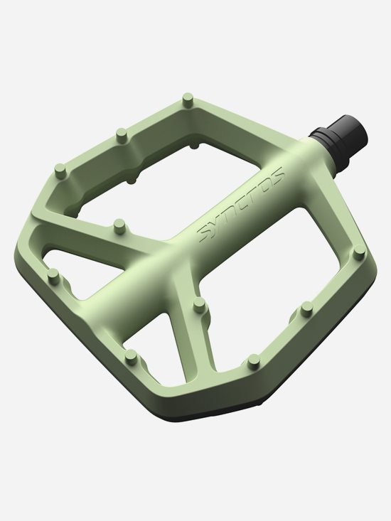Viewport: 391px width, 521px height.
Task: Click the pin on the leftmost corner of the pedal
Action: pos(61,171)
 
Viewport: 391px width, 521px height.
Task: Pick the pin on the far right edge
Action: pos(307,308)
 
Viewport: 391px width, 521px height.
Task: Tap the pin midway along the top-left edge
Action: pos(121,133)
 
